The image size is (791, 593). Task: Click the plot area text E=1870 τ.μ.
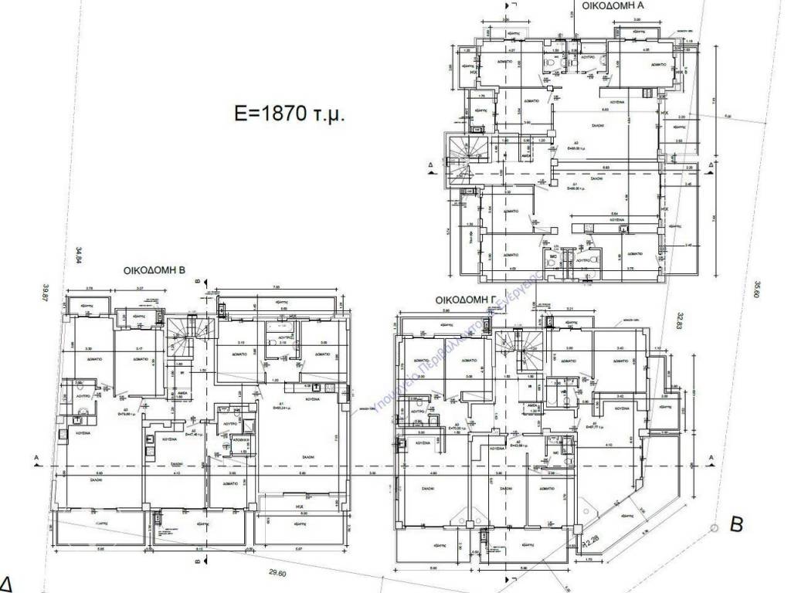click(288, 114)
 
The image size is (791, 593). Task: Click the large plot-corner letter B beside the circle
click(736, 526)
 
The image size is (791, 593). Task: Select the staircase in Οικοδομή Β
click(185, 334)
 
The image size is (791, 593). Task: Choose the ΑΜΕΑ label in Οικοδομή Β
click(182, 391)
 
